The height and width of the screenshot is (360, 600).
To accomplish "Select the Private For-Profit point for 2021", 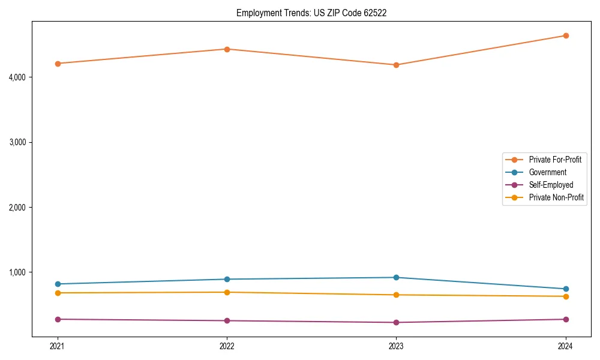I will tap(58, 64).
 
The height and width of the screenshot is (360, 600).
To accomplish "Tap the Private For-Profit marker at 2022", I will tap(227, 49).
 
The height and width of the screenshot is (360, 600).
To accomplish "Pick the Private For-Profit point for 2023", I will tap(397, 65).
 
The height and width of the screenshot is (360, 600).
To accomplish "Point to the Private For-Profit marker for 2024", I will tap(566, 35).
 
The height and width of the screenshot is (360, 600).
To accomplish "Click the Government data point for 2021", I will tap(58, 284).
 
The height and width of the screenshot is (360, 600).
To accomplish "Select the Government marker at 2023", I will tap(397, 277).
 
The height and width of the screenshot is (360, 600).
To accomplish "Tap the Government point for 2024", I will tap(566, 289).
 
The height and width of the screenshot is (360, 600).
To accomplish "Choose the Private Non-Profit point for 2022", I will tap(227, 292).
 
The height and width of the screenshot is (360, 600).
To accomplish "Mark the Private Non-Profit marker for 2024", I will tap(566, 296).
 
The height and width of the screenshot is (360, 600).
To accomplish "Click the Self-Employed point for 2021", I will tap(58, 319).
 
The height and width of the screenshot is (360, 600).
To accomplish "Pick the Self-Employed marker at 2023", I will tap(397, 322).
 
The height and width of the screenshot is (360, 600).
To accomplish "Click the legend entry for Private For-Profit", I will tap(555, 160).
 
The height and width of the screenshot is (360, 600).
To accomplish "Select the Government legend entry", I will tap(547, 172).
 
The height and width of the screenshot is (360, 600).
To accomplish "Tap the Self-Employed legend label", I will tap(551, 185).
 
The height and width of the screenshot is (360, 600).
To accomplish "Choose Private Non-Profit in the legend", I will tap(556, 197).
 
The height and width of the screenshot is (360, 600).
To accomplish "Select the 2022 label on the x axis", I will tap(227, 346).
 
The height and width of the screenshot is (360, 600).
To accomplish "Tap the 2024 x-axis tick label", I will tap(566, 346).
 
